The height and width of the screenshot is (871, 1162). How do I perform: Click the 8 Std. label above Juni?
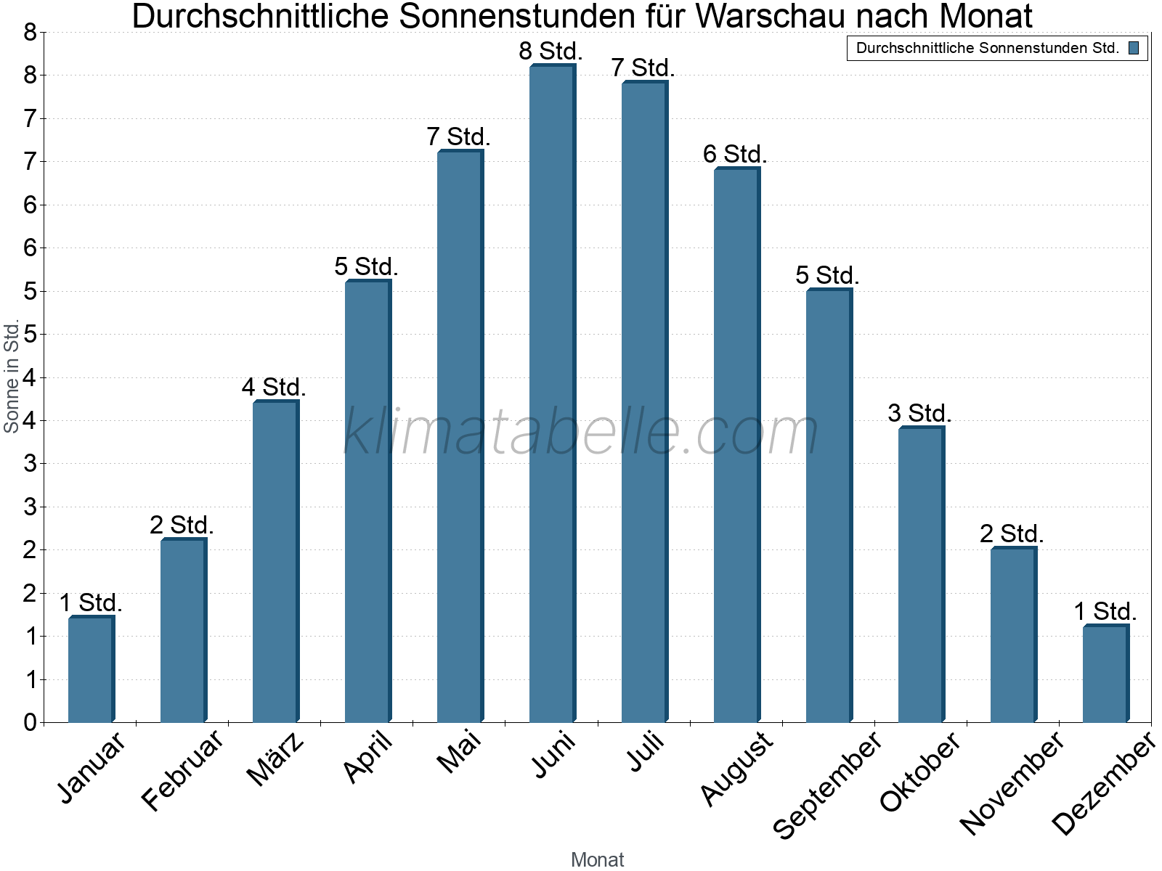tap(550, 52)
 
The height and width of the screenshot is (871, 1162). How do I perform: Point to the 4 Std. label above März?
tap(274, 388)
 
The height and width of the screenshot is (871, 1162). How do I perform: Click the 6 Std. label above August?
tap(735, 155)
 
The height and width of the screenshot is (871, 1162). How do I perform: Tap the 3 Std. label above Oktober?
tap(919, 414)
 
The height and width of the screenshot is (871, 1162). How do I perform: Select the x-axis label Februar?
tap(182, 771)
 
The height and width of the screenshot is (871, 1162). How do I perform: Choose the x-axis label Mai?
tap(459, 752)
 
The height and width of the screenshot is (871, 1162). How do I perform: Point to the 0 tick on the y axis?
tap(30, 722)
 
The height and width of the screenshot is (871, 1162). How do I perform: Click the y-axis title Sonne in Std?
tap(12, 376)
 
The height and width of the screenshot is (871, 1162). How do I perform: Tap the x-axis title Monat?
tap(597, 859)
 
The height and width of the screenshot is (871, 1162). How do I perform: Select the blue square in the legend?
tap(1134, 49)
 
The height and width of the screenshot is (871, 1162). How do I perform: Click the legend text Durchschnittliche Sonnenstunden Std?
tap(987, 49)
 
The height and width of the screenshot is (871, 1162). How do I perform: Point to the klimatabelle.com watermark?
tap(580, 432)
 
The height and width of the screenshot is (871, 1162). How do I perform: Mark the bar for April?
tap(367, 501)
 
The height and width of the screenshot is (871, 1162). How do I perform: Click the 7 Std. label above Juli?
tap(643, 68)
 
